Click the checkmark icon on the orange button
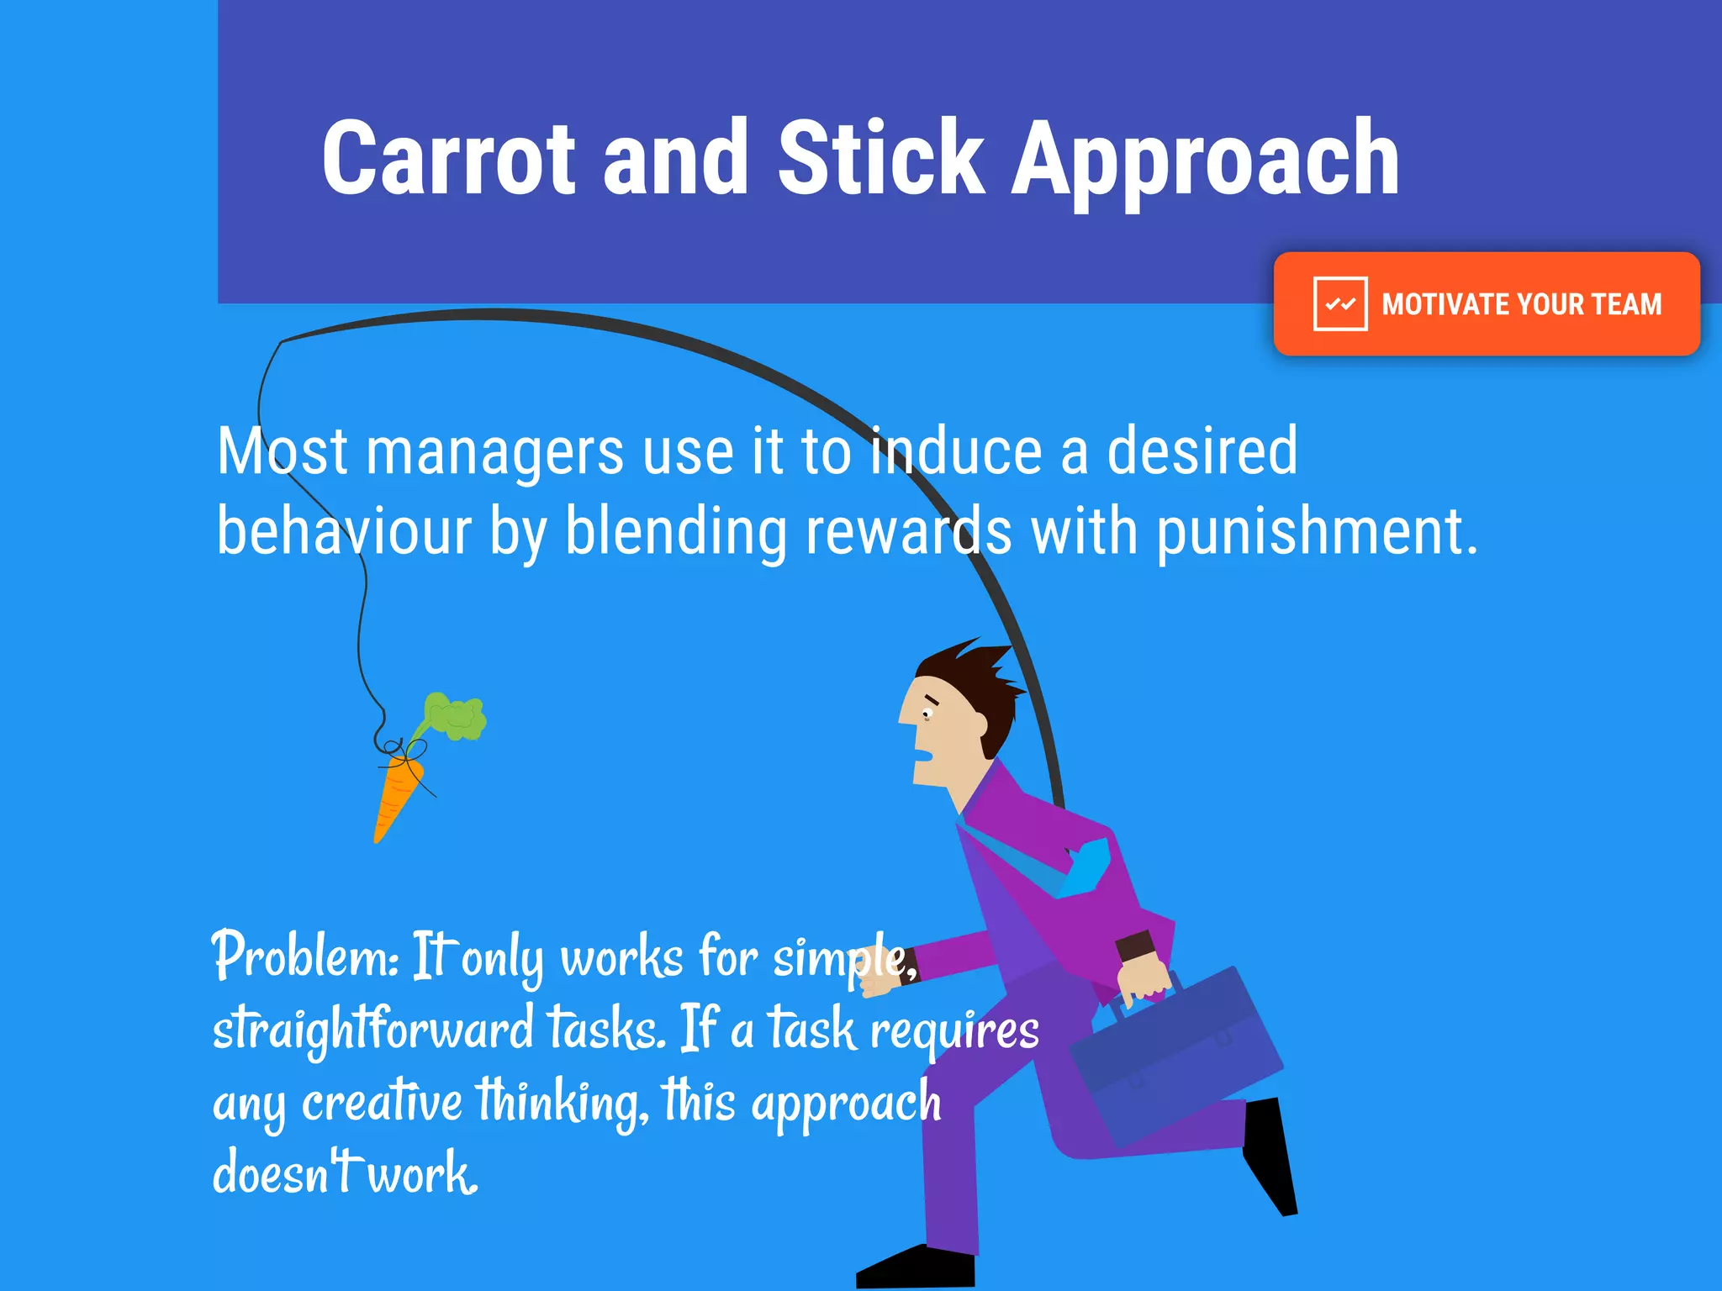1339,303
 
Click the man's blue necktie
1085,870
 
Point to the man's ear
978,723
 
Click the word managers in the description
494,452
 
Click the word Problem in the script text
304,956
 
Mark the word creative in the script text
382,1101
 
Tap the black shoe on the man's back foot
1271,1156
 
